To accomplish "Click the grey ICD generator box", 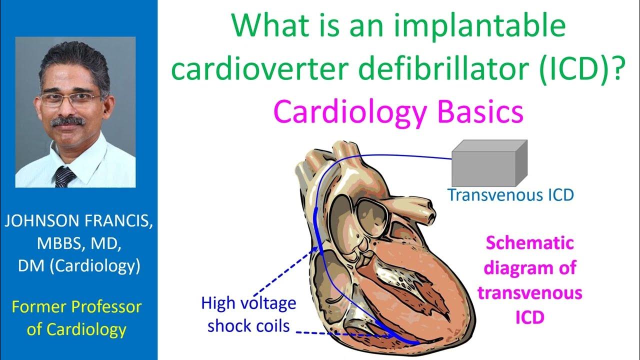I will (489, 164).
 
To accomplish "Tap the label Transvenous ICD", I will (510, 195).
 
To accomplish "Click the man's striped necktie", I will (64, 176).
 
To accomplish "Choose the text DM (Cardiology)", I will (78, 266).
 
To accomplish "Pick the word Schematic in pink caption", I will (529, 244).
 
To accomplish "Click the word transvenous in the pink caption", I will (529, 292).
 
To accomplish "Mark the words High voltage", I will (248, 303).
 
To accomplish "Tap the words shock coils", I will (248, 326).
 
